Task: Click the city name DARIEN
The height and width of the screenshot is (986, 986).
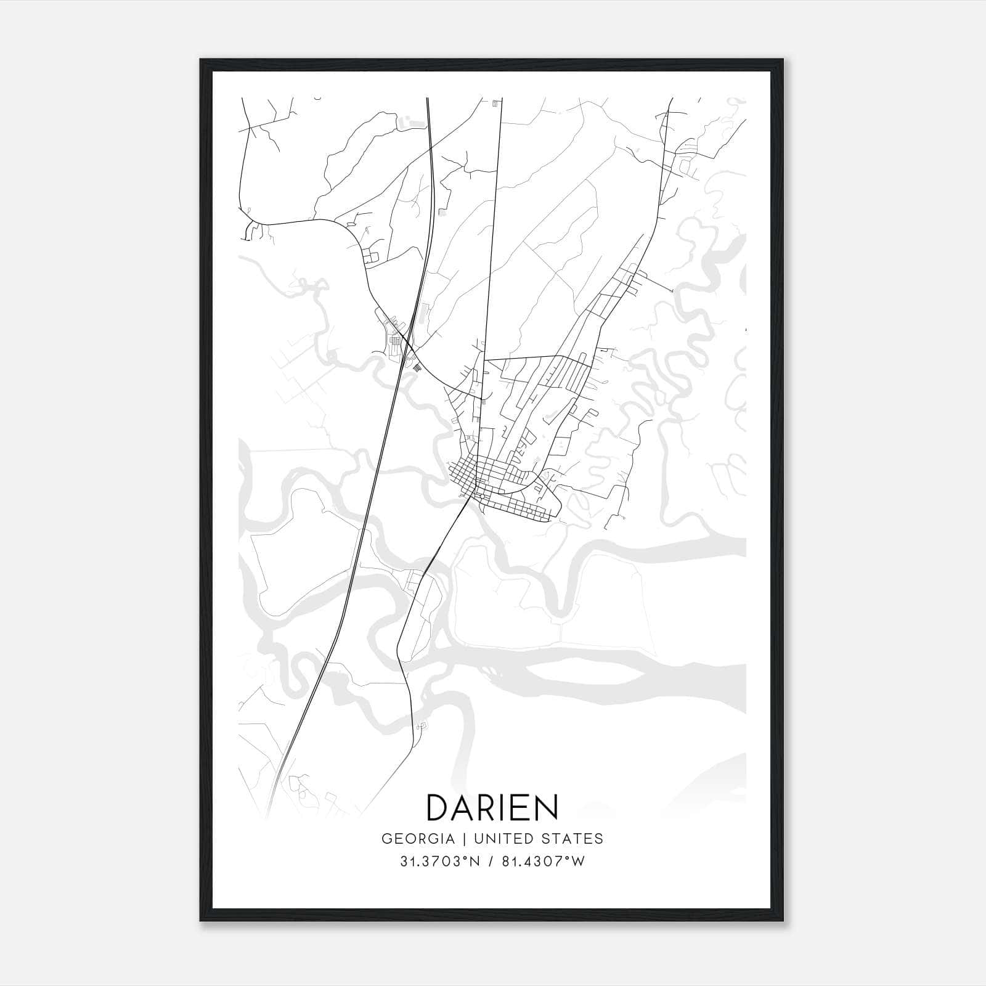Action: pos(492,807)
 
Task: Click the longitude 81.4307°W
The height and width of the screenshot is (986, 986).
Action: pos(540,862)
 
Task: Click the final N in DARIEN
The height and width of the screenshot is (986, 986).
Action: pos(546,807)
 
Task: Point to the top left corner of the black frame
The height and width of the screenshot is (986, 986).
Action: pos(201,60)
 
